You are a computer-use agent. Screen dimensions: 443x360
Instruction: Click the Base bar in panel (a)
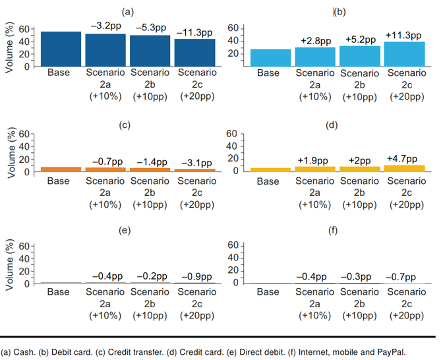61,49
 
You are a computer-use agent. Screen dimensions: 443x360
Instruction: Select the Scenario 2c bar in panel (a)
194,53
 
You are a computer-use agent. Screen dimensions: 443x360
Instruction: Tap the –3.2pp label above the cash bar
106,26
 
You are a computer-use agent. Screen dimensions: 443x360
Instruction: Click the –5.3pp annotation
151,28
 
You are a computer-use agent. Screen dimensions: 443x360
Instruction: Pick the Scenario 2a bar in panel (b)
315,57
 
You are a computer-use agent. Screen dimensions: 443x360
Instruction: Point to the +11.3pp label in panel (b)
403,36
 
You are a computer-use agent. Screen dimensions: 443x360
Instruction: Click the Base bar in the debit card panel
270,58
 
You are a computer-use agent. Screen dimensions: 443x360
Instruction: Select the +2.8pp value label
316,41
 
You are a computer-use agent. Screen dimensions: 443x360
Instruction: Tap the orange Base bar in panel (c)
61,169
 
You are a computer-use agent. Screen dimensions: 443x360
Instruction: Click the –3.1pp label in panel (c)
196,163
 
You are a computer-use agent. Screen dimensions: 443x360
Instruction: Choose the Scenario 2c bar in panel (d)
405,168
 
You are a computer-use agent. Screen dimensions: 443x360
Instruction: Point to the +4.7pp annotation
401,159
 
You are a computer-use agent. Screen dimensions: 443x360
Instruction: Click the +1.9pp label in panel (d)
312,160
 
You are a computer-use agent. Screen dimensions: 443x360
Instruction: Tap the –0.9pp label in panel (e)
196,277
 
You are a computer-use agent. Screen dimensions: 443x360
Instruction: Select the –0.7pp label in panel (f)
401,277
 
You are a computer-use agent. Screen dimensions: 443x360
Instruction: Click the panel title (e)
125,230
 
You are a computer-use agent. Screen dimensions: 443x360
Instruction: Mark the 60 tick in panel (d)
231,134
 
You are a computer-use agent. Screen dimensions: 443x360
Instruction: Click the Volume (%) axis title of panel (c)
11,152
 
